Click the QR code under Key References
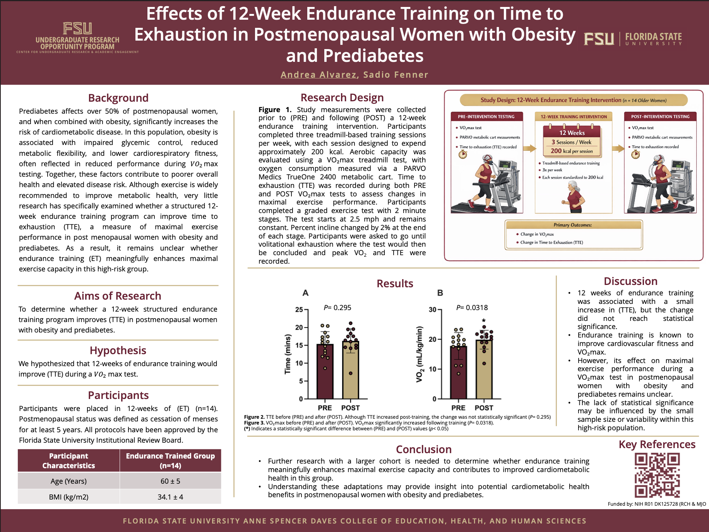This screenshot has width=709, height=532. [657, 475]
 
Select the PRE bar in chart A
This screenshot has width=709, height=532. [325, 371]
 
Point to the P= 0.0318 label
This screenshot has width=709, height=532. [472, 308]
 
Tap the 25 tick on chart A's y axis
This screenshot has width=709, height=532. [299, 310]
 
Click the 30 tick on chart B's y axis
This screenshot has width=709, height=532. [432, 310]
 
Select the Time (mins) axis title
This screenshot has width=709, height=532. [288, 354]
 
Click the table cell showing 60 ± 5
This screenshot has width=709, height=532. [170, 481]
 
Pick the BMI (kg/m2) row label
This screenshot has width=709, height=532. [69, 497]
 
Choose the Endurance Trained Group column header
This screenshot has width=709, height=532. [170, 460]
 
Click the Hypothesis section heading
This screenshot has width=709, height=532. [118, 350]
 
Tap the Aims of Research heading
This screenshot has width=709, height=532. [118, 296]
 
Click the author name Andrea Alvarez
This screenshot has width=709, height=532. [319, 75]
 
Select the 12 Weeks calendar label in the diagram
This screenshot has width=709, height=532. [572, 133]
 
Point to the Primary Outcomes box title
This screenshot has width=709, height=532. [573, 225]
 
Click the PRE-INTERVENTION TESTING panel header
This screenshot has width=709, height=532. [486, 116]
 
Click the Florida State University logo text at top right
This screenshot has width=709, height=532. [653, 39]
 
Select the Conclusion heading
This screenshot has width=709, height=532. [424, 449]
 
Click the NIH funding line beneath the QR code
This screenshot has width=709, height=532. [657, 504]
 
